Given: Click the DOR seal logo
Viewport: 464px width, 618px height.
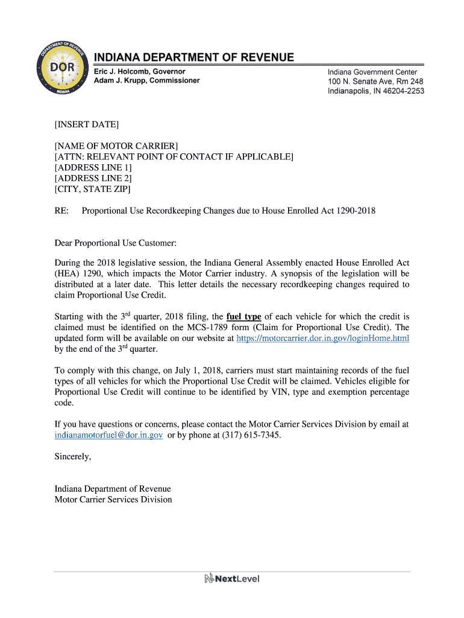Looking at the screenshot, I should pos(63,71).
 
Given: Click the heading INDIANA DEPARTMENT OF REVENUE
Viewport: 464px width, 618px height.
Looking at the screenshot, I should pos(194,58).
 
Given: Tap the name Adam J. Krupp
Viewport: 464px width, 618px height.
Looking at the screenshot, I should pos(124,81).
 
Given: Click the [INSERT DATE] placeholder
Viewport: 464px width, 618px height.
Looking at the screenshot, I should pos(87,125).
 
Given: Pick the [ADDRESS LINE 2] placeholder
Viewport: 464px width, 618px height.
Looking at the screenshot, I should pos(93,178).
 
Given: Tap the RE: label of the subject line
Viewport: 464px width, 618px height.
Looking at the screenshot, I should pos(61,211).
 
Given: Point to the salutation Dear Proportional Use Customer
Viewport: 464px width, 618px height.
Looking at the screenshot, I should pos(116,243).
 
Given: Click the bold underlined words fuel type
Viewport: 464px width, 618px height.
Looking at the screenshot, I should pos(243,316).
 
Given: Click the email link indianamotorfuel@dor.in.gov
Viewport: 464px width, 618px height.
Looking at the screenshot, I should pos(108,435).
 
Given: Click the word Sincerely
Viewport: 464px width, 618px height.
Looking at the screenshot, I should pos(73,457).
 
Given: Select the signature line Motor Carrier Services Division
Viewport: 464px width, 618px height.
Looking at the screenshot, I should pos(113,500).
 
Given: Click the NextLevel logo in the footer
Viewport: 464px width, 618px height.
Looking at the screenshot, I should pos(232,579).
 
